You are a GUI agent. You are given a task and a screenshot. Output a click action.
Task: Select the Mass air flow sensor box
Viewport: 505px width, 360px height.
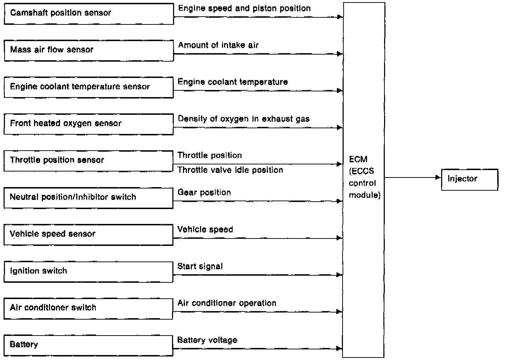[x=89, y=51]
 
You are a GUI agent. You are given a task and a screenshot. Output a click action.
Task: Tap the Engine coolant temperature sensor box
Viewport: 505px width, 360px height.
[x=89, y=88]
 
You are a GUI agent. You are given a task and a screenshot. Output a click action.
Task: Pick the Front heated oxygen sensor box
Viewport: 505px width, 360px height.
[x=89, y=124]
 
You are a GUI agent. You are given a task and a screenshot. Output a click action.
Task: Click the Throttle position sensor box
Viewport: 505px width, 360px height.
[x=89, y=161]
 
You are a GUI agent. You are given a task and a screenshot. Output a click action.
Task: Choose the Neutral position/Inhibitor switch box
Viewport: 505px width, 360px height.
[x=89, y=198]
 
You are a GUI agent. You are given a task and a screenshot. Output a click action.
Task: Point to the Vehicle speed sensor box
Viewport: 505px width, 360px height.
[x=89, y=235]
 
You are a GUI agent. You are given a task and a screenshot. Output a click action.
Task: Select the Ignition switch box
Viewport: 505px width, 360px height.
[x=89, y=272]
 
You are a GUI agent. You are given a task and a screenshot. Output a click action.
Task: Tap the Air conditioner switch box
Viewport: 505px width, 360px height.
[x=89, y=309]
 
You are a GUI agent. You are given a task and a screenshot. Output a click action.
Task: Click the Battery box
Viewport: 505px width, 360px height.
[x=89, y=345]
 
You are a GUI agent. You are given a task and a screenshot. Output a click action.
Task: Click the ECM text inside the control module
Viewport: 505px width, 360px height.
[x=358, y=159]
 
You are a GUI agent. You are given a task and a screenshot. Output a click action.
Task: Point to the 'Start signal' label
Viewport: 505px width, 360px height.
[x=200, y=266]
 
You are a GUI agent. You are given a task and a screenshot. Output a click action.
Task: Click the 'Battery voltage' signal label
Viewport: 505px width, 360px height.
[x=207, y=340]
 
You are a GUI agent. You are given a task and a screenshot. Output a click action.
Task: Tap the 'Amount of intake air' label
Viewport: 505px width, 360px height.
[x=218, y=45]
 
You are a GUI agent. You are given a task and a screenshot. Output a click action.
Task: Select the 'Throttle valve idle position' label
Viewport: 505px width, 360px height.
[x=230, y=170]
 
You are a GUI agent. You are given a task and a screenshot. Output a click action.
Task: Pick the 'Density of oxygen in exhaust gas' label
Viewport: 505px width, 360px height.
[x=244, y=119]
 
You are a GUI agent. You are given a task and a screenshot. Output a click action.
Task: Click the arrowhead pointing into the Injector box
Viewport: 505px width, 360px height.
[x=438, y=178]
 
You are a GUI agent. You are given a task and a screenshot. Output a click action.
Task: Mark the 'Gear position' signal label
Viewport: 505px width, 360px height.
[x=204, y=193]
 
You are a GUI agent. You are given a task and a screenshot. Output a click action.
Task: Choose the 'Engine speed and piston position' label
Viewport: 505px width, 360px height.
[x=244, y=9]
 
